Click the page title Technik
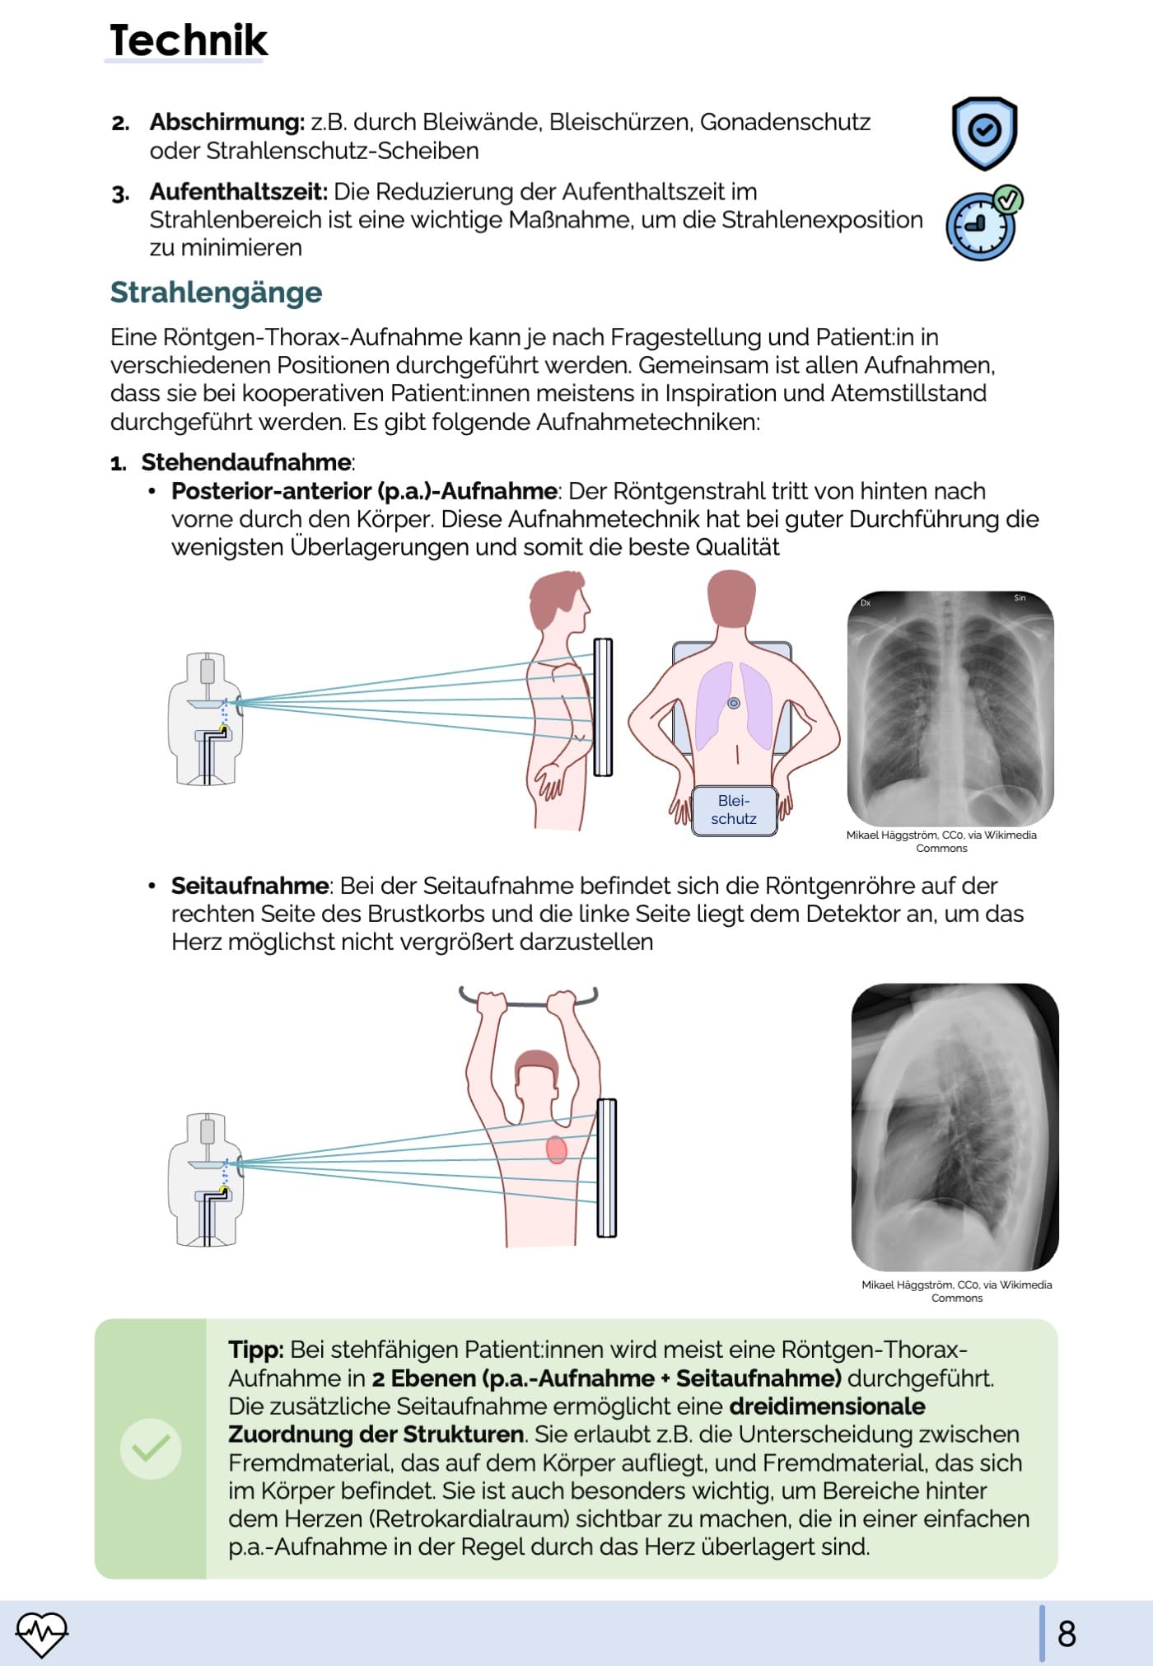(189, 40)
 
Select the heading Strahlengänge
(216, 292)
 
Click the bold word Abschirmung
(226, 122)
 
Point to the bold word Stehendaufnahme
(246, 462)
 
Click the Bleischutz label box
(734, 810)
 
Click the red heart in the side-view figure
(557, 1149)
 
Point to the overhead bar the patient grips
(528, 1001)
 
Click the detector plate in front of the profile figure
(603, 707)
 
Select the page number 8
(1067, 1633)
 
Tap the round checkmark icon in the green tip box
(151, 1448)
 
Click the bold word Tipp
(255, 1350)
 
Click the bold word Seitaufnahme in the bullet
(250, 886)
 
